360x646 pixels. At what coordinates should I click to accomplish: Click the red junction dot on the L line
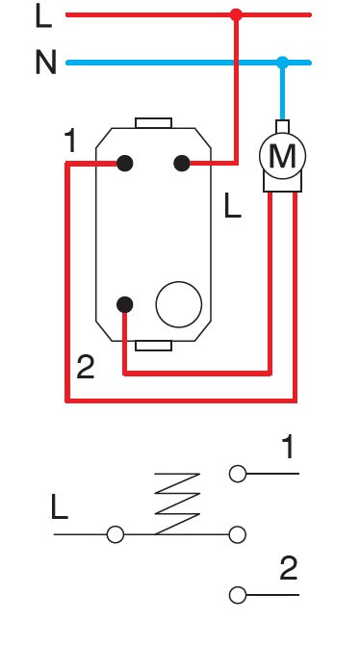click(x=236, y=15)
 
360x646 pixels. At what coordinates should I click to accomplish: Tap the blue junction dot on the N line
click(x=282, y=63)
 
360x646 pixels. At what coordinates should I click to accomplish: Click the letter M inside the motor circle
click(x=282, y=156)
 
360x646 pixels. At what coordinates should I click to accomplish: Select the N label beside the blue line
click(x=45, y=64)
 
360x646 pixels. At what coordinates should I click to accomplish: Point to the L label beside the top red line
click(x=42, y=15)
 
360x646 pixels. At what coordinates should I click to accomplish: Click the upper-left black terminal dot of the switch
click(x=124, y=164)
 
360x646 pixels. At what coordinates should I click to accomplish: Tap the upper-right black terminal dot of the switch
click(x=181, y=164)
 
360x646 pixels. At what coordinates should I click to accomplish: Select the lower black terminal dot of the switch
click(x=124, y=305)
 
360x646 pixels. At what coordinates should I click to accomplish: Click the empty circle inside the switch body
click(x=179, y=305)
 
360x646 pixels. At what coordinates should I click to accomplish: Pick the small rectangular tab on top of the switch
click(x=153, y=122)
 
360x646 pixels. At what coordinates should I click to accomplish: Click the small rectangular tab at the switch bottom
click(x=153, y=345)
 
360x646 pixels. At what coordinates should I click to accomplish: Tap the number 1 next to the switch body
click(x=69, y=142)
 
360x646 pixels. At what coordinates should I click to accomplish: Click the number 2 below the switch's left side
click(x=85, y=367)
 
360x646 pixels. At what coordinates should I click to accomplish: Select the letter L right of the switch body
click(x=232, y=206)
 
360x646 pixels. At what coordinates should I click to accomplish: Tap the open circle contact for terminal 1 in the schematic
click(x=238, y=474)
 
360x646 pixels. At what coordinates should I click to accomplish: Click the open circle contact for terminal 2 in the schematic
click(x=238, y=595)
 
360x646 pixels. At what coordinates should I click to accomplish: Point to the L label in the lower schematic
click(x=60, y=508)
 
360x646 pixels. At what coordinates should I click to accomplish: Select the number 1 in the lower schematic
click(x=287, y=447)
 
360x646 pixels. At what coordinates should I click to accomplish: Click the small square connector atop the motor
click(x=282, y=125)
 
